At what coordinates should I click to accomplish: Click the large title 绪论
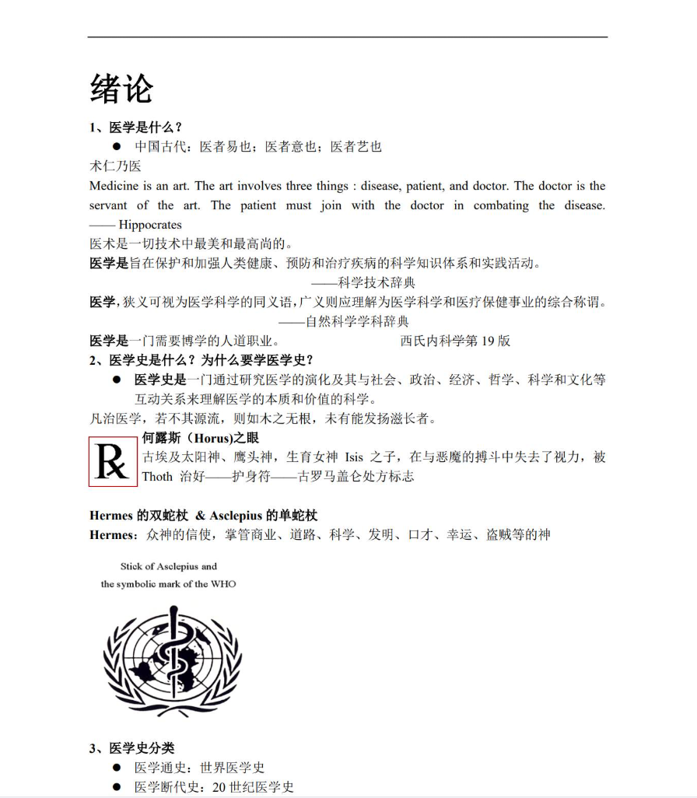pyautogui.click(x=121, y=88)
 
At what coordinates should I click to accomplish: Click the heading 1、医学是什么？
pyautogui.click(x=135, y=128)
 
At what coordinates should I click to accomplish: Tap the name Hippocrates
pyautogui.click(x=149, y=225)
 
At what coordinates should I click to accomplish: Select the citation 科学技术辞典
pyautogui.click(x=377, y=282)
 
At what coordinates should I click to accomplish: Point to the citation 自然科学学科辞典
pyautogui.click(x=357, y=320)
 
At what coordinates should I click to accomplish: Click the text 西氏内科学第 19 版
pyautogui.click(x=455, y=341)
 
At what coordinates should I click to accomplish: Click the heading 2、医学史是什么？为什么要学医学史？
pyautogui.click(x=201, y=360)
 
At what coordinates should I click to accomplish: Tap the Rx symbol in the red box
pyautogui.click(x=113, y=462)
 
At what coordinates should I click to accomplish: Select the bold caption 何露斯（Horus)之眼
pyautogui.click(x=201, y=438)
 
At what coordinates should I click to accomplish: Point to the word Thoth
pyautogui.click(x=157, y=477)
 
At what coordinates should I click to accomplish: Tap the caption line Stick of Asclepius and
pyautogui.click(x=169, y=566)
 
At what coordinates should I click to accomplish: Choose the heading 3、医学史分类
pyautogui.click(x=131, y=749)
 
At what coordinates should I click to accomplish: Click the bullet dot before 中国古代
pyautogui.click(x=117, y=147)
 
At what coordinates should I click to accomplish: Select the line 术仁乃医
pyautogui.click(x=115, y=166)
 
